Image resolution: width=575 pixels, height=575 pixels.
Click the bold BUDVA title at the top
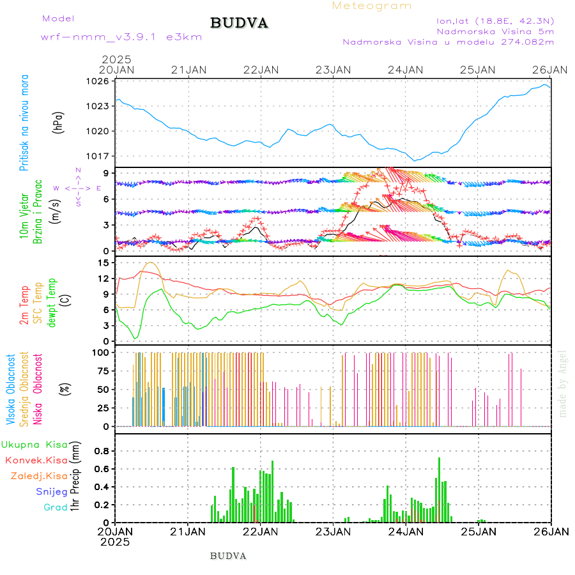tap(239, 24)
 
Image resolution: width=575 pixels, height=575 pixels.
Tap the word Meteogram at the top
tap(372, 6)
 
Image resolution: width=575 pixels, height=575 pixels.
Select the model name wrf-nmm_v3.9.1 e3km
tap(121, 37)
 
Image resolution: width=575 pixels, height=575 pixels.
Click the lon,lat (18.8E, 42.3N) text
tap(495, 20)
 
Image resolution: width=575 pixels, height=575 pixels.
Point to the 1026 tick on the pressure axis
tap(99, 81)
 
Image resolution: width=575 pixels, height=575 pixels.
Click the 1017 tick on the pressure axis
tap(99, 156)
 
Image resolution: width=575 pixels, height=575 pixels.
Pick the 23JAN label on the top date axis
tap(333, 69)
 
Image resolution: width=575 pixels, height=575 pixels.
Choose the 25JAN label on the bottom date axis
tap(478, 531)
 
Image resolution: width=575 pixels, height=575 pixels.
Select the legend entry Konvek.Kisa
tap(36, 460)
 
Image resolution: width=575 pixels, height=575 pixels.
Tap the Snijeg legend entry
tap(52, 491)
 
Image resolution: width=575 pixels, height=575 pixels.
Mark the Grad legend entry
tap(56, 507)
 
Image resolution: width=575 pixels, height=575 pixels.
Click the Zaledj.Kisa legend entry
tap(39, 475)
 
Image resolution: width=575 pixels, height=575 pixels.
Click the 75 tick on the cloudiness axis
tap(102, 371)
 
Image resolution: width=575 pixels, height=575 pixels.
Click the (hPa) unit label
tap(59, 121)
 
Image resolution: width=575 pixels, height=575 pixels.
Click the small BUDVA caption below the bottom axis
tap(228, 556)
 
